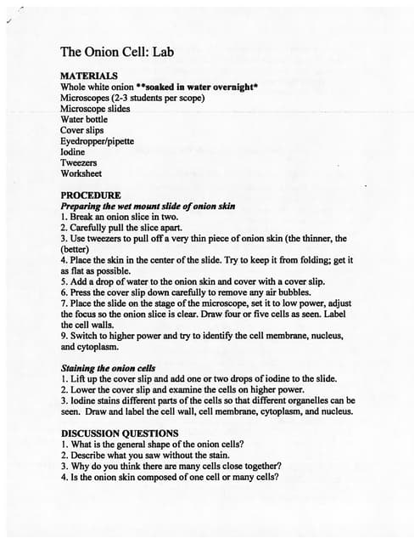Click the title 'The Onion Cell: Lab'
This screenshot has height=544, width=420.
(x=117, y=52)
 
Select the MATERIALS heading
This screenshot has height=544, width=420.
(x=89, y=76)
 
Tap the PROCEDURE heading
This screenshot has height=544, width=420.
(x=91, y=195)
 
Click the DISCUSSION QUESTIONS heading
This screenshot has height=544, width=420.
(x=120, y=433)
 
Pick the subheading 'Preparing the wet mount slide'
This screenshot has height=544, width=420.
(x=148, y=206)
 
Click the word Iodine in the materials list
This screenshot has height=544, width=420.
(x=73, y=151)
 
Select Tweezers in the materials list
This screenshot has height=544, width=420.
(x=78, y=162)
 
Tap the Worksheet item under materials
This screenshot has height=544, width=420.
(x=81, y=173)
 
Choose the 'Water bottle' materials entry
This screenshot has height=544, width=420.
(x=84, y=119)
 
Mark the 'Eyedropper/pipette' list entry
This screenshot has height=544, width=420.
(x=97, y=141)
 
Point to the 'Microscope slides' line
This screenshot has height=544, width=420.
(x=95, y=108)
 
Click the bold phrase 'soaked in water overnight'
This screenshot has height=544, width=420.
(x=201, y=87)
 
